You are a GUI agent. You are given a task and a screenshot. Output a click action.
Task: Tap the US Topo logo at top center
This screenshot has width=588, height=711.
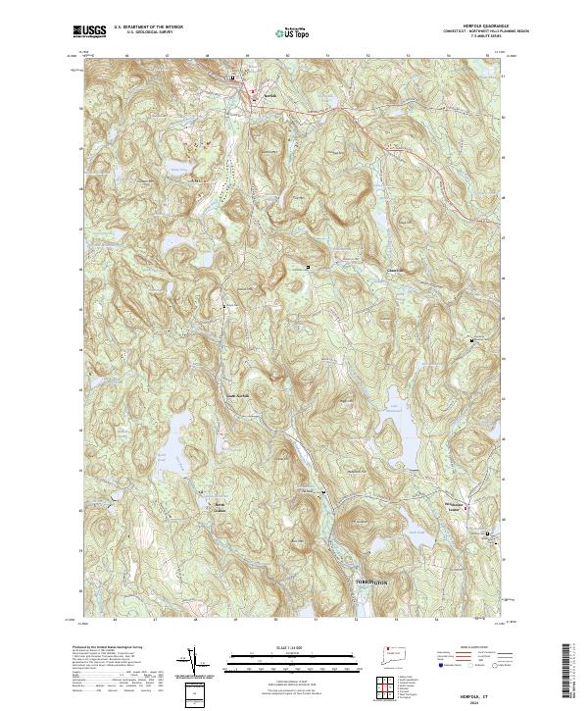click(x=293, y=33)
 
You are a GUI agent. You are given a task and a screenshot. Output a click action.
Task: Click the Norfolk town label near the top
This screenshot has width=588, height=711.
click(x=258, y=95)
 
